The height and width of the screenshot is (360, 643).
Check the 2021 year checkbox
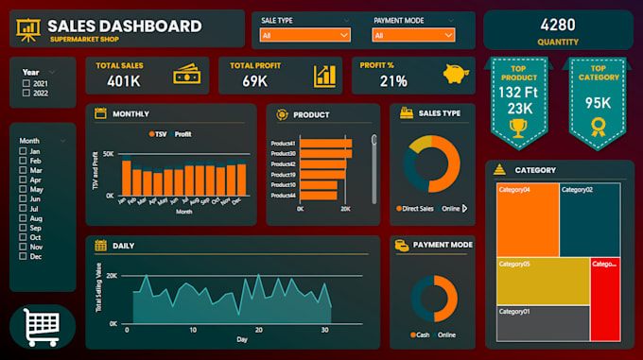(x=26, y=83)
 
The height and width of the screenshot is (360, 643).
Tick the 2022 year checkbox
(x=26, y=94)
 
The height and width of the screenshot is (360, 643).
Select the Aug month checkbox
(x=24, y=218)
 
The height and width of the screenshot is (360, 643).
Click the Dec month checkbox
(x=24, y=257)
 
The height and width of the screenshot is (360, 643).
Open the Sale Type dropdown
(x=304, y=36)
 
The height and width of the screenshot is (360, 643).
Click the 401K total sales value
(x=123, y=81)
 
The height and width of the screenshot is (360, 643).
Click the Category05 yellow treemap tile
(x=543, y=281)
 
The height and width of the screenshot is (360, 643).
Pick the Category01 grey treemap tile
(x=543, y=322)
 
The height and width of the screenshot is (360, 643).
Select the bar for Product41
(x=325, y=144)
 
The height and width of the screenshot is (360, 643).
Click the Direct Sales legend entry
(x=415, y=208)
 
